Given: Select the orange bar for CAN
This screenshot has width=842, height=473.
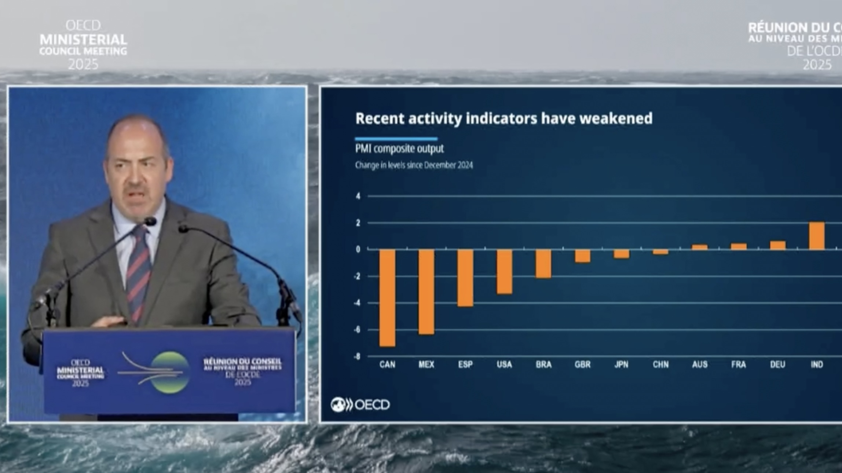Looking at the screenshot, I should pos(387,298).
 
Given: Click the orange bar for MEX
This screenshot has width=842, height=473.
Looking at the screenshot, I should pos(426,292).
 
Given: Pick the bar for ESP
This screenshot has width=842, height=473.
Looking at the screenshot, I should pos(465,278).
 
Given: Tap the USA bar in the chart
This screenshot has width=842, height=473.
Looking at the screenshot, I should pos(504,272).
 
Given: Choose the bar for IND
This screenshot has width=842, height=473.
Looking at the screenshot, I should pos(817,236).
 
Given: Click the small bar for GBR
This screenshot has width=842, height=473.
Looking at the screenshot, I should pos(582,256).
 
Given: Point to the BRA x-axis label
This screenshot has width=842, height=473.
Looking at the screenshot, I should pos(543,364).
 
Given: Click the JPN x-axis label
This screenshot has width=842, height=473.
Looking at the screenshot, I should pos(621,364).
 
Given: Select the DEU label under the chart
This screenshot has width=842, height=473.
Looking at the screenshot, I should pos(777,364).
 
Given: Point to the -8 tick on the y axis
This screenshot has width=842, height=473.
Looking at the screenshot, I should pos(357,356).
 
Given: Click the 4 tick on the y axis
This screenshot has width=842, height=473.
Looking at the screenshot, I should pos(358,196).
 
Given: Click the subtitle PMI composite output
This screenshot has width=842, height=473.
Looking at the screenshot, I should pos(399,148).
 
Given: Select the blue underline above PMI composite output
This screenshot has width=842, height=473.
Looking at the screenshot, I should pos(396,139).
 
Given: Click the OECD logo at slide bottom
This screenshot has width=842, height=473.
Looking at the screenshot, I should pos(360,405).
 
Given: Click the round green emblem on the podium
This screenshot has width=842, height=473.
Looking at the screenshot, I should pos(170,372).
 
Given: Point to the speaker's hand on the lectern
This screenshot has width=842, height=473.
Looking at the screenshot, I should pos(109,322).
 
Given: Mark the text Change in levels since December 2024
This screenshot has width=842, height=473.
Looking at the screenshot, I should pos(414,165).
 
